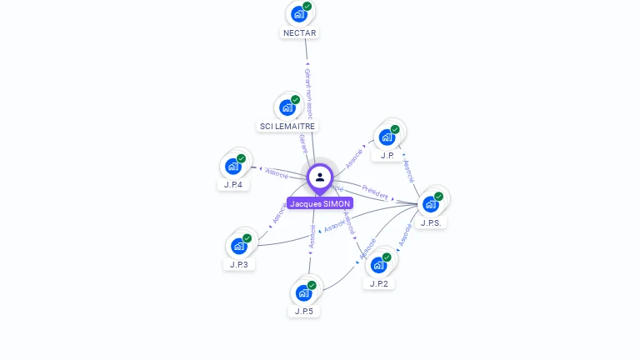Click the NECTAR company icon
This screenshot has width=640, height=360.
tap(299, 14)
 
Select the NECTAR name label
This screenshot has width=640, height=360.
tap(300, 32)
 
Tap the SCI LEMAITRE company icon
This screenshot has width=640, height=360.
tap(287, 107)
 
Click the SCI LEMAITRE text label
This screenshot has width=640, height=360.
tap(287, 126)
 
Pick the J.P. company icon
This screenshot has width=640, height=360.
tap(387, 137)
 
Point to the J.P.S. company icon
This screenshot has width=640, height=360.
tap(431, 204)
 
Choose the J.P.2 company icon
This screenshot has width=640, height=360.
tap(379, 265)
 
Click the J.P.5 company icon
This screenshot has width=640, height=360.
tap(303, 293)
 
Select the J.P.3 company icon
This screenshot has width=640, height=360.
tap(239, 246)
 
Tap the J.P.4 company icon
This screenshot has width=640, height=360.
tap(233, 167)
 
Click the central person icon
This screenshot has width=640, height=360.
tap(320, 177)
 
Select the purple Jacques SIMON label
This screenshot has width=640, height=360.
tap(320, 203)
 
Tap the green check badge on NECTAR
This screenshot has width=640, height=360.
tap(307, 7)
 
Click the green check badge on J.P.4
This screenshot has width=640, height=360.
tap(242, 158)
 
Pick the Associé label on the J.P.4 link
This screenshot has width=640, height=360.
tap(277, 174)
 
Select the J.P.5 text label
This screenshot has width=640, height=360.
tap(303, 311)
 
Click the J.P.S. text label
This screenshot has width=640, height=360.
tap(432, 222)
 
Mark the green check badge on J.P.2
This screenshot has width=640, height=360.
tap(387, 257)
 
